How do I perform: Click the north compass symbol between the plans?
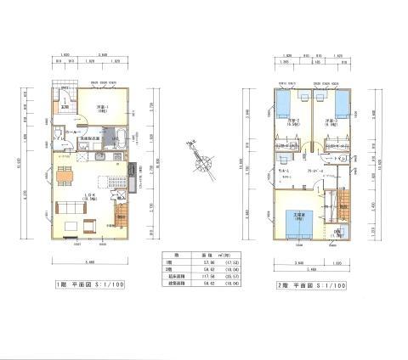tap(203, 161)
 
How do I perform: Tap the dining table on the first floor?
tap(65, 177)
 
